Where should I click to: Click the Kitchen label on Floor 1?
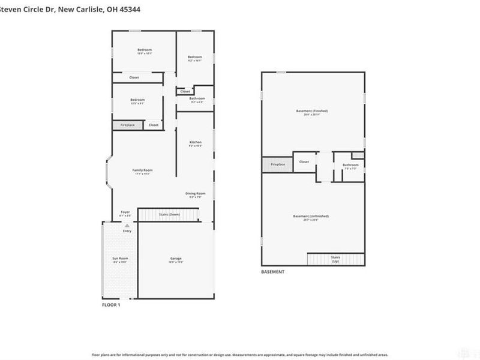[195, 142]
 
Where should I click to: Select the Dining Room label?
[195, 193]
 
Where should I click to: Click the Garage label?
[176, 259]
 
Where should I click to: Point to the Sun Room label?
[120, 259]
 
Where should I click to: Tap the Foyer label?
[125, 212]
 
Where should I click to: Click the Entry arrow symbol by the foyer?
[127, 226]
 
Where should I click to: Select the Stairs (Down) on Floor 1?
[169, 214]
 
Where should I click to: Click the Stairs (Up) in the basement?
[335, 259]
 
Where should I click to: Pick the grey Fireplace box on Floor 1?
[127, 125]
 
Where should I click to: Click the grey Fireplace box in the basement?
[277, 164]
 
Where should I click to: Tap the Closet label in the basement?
[304, 161]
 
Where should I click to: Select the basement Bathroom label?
[350, 165]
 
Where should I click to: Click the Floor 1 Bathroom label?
[197, 98]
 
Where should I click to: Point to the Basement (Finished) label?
[312, 111]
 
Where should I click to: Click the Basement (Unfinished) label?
[310, 216]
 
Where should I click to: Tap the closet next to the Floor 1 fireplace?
[154, 125]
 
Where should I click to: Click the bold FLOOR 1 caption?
[110, 305]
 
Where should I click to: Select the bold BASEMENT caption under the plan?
[272, 272]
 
